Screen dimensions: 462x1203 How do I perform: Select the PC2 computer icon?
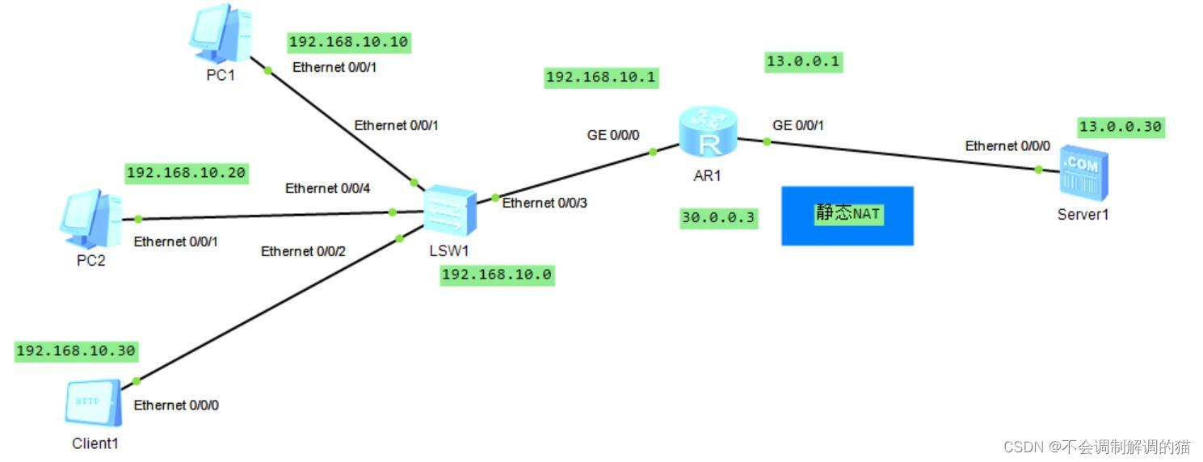(90, 218)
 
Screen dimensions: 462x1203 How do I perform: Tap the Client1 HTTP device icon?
(93, 402)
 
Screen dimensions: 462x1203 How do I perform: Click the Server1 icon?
(1083, 174)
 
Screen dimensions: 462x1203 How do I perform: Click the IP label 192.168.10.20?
(186, 172)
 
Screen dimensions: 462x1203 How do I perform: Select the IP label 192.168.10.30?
(76, 351)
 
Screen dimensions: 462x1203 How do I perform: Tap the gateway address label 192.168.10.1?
(601, 78)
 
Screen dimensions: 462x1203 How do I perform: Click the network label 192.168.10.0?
(496, 275)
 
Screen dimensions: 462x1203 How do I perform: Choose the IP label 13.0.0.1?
(803, 62)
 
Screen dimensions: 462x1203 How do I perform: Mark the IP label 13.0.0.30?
(1120, 126)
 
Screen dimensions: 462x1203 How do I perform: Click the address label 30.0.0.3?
(718, 217)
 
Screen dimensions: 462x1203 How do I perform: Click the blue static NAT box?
(847, 216)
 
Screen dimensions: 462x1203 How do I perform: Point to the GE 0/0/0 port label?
(613, 135)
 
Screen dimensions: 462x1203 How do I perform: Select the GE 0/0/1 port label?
(798, 125)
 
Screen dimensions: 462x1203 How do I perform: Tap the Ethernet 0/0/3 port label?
(545, 203)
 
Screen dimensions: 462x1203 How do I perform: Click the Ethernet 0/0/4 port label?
(327, 188)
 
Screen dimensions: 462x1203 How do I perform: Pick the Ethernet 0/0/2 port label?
(303, 251)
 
